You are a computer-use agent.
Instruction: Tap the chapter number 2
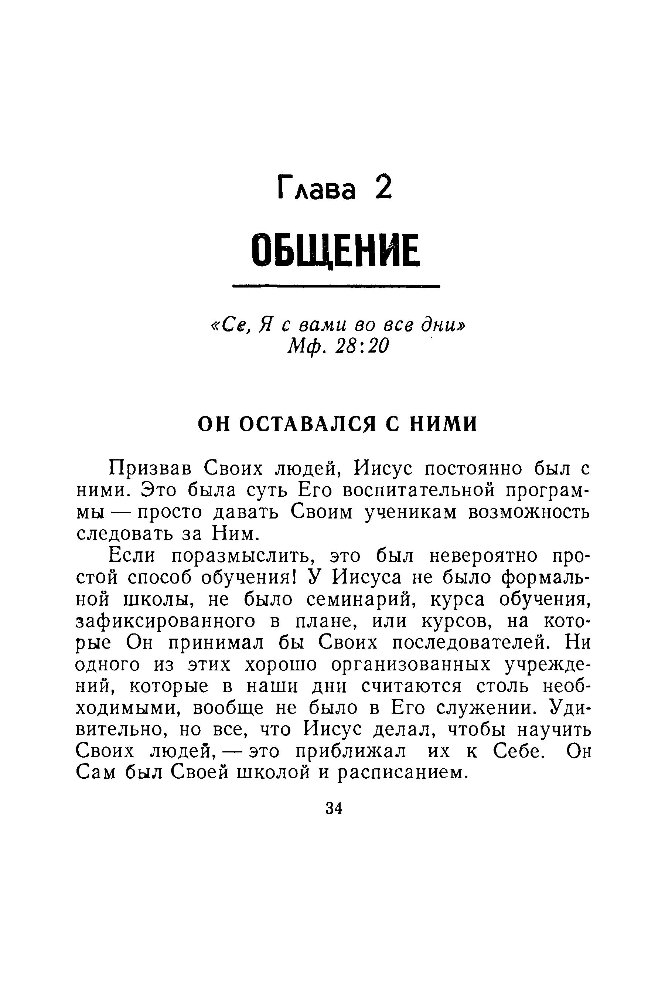click(383, 187)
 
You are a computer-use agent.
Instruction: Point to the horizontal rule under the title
click(336, 288)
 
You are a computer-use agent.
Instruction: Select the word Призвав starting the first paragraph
click(151, 469)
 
